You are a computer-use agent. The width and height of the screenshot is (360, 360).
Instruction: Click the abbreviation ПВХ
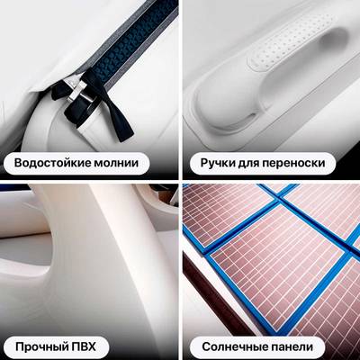click(x=88, y=346)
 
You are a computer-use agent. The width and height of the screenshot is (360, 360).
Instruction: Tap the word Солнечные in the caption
click(x=235, y=346)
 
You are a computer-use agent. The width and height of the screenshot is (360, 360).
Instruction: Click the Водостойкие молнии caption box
click(x=76, y=164)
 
